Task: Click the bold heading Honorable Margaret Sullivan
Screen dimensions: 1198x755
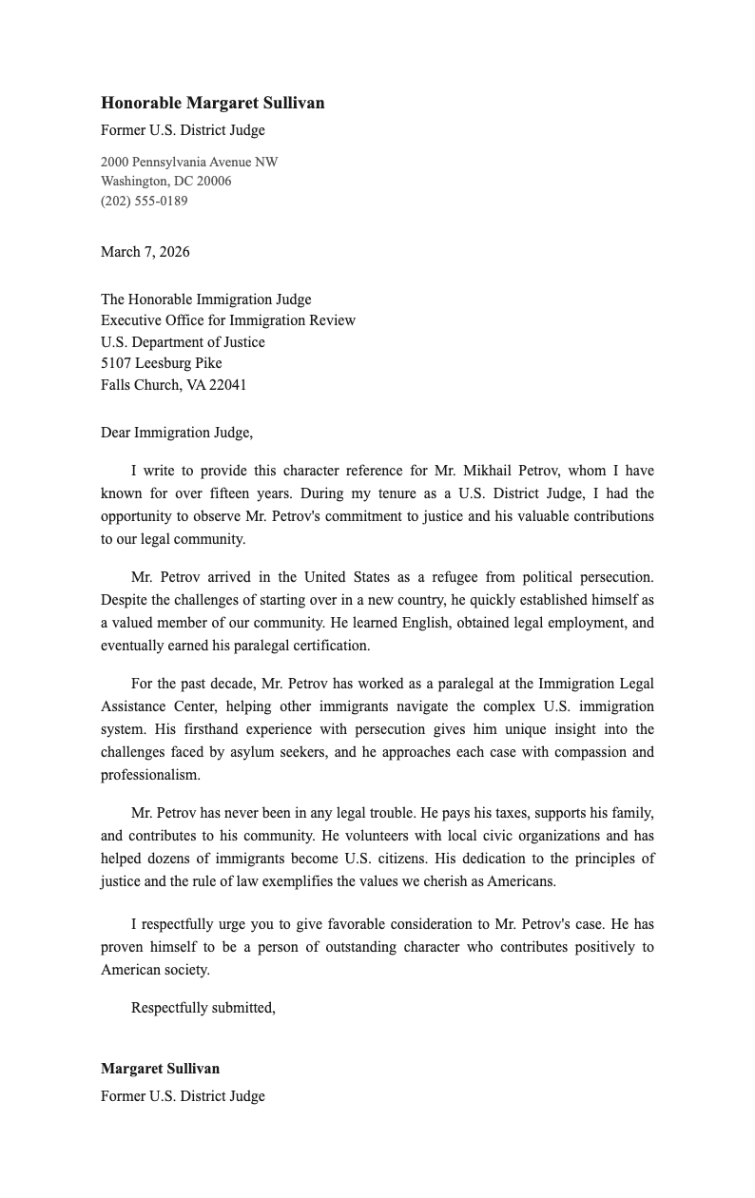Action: pyautogui.click(x=212, y=103)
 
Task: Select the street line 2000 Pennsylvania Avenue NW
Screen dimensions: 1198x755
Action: pyautogui.click(x=189, y=162)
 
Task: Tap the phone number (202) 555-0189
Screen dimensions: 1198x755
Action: pyautogui.click(x=144, y=201)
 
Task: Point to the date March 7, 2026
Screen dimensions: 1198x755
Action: pyautogui.click(x=145, y=252)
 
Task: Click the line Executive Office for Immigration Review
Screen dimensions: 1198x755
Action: pyautogui.click(x=228, y=320)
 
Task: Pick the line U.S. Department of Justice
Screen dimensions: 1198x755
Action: pyautogui.click(x=183, y=342)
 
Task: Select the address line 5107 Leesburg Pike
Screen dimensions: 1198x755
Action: pyautogui.click(x=161, y=363)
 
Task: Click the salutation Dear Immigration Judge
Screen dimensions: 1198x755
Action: pyautogui.click(x=176, y=433)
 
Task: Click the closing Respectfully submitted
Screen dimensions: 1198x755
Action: pyautogui.click(x=203, y=1008)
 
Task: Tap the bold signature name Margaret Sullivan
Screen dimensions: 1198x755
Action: pyautogui.click(x=160, y=1069)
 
